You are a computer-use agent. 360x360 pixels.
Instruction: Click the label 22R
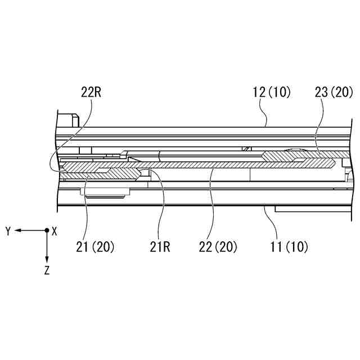(91, 92)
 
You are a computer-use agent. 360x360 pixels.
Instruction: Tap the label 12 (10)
(272, 92)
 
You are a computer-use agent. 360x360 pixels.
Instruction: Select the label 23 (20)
(334, 92)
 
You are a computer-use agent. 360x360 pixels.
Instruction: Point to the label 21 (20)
(95, 247)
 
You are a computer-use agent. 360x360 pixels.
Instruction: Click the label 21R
(160, 247)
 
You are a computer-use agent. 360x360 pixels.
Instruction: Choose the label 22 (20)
(218, 247)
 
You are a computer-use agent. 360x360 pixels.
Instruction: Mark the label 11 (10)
(289, 247)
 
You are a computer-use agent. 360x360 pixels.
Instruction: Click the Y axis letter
(8, 231)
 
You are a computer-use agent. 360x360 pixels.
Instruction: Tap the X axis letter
(54, 231)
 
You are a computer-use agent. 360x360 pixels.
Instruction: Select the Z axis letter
(47, 270)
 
